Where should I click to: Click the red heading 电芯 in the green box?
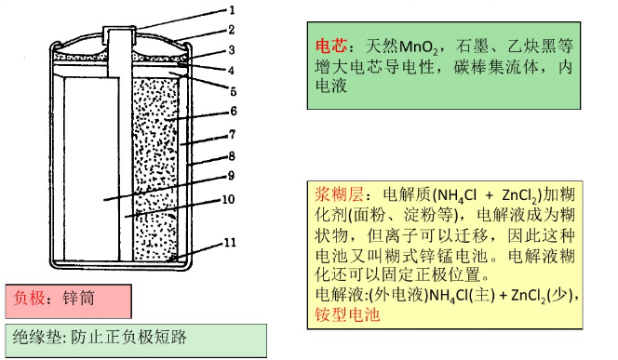[x=332, y=45]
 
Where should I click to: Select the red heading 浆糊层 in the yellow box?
[x=332, y=196]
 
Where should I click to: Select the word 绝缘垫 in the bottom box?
[x=35, y=337]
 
